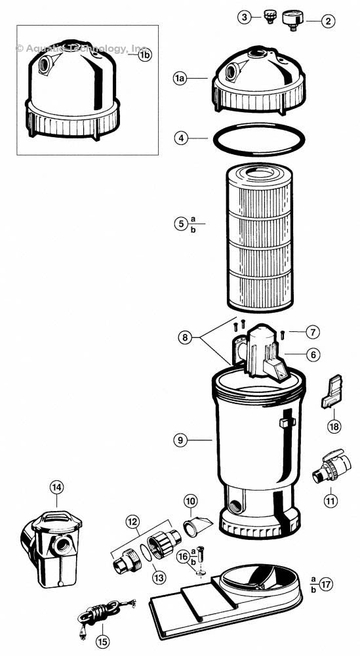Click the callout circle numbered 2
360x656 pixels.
(x=329, y=20)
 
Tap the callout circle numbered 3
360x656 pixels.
(x=244, y=17)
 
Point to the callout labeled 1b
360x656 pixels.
(x=144, y=56)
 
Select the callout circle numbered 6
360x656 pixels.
(x=313, y=354)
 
